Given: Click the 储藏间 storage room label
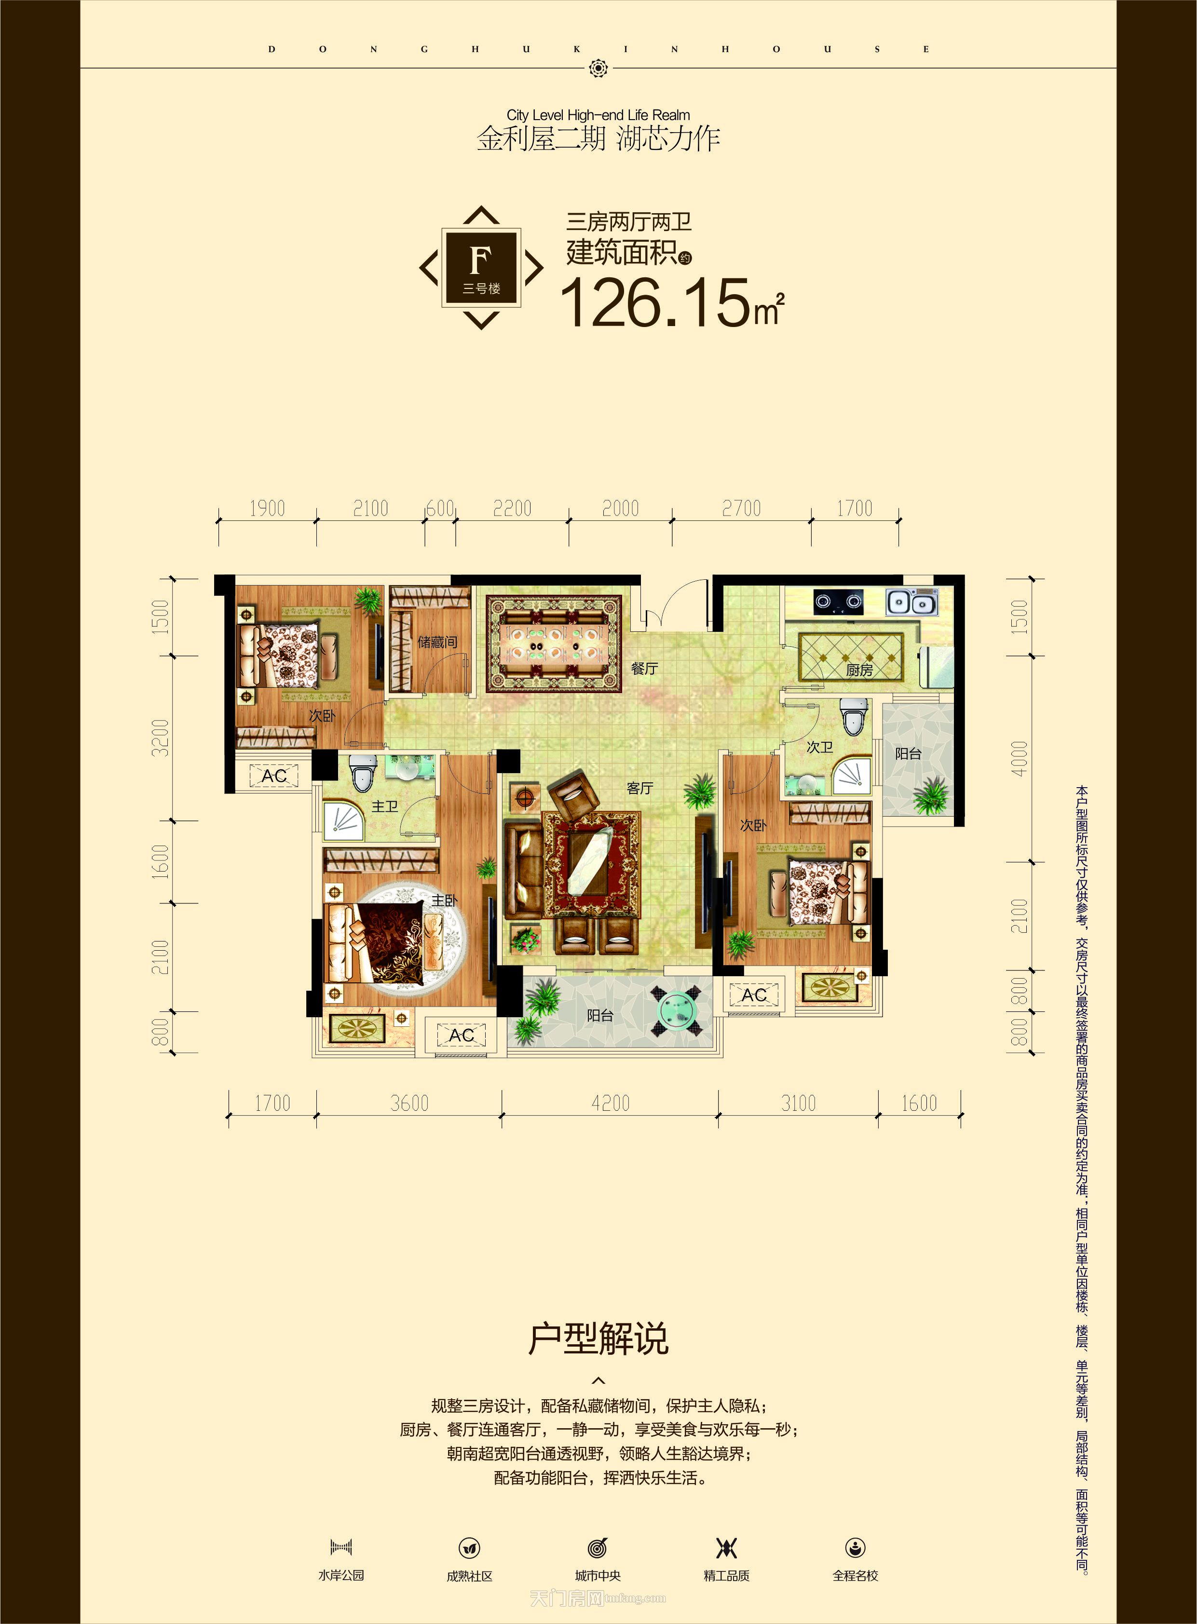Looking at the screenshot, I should click(437, 642).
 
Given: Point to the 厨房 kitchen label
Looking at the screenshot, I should click(859, 670).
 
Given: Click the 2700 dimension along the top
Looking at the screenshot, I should click(741, 509).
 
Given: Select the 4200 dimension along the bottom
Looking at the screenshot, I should click(610, 1103).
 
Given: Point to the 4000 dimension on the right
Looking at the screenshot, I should click(1019, 759).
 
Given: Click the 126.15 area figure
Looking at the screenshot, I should click(656, 302).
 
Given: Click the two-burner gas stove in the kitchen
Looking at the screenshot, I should click(838, 601).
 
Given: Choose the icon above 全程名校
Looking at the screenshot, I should click(855, 1547).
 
